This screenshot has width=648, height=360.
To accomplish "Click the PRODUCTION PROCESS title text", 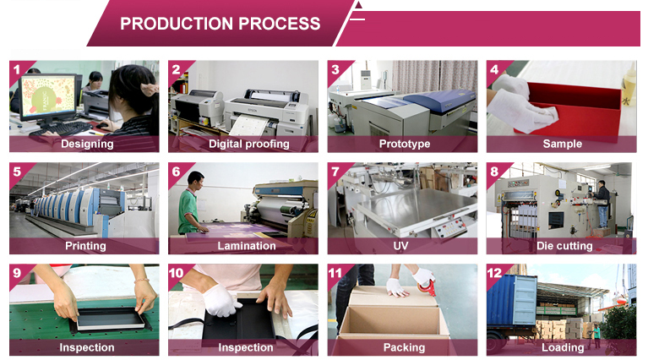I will (x=220, y=23).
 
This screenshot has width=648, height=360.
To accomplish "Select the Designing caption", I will (x=86, y=144).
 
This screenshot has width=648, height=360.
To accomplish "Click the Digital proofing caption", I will (x=248, y=144).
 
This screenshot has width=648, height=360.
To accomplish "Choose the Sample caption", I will (x=562, y=144).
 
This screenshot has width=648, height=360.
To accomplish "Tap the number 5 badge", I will (x=17, y=172).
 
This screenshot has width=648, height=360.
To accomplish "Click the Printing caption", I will (x=85, y=246).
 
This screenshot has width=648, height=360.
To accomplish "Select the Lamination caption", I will (x=247, y=246).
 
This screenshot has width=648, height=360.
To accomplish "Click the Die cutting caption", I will (x=564, y=246).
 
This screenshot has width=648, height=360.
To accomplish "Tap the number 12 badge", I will (x=495, y=273).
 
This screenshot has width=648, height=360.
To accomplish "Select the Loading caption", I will (x=563, y=347).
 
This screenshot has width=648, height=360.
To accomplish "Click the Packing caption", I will (x=404, y=347).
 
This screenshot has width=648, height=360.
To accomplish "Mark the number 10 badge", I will (x=177, y=273).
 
